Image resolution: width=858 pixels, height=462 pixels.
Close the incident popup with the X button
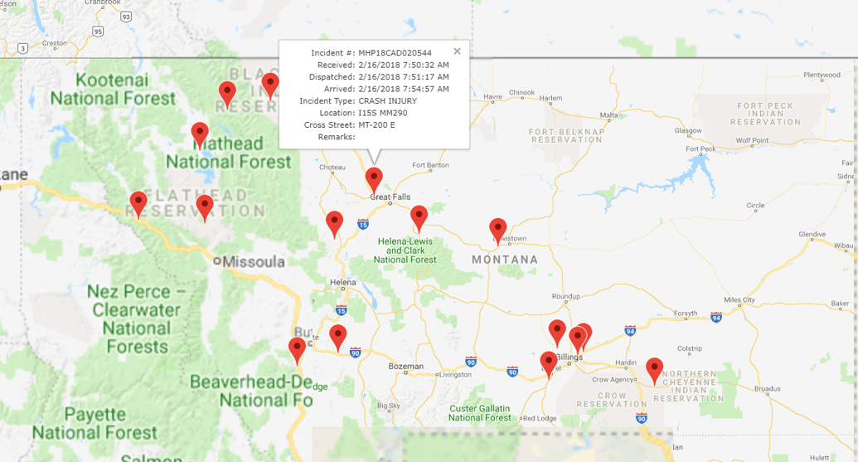coord(457,51)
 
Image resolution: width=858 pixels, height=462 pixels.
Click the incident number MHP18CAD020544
coord(395,53)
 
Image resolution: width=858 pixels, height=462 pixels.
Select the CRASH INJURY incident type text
coord(387,101)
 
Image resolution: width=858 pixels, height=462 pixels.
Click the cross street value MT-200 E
coord(376,125)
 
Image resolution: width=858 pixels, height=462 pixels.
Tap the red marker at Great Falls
coord(374,178)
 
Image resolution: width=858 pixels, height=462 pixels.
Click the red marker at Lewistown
coord(497,229)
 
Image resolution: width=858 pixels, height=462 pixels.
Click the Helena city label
coord(342,283)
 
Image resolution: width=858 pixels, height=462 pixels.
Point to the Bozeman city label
coord(405,366)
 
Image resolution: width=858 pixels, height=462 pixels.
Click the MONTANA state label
coord(504,260)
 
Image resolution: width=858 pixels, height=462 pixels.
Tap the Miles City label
coord(739,299)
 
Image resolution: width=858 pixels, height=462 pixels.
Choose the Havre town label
coord(493,96)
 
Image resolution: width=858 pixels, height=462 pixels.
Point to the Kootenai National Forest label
coord(113,89)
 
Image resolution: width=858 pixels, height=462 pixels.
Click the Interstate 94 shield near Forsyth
coord(715,316)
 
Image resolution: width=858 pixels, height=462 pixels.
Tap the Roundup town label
coord(565,296)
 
